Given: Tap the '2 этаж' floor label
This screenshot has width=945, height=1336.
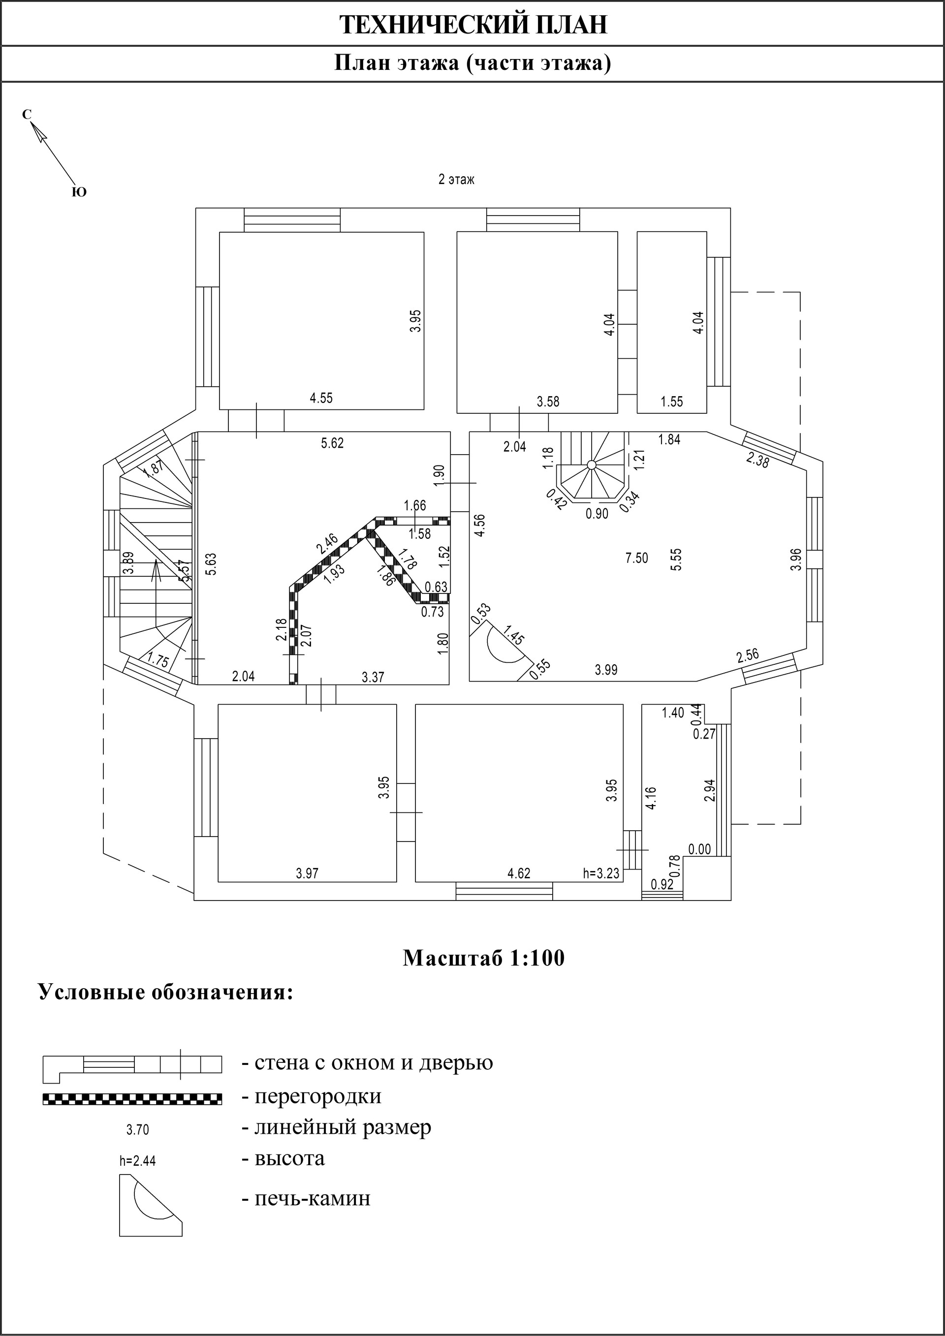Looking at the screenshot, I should click(456, 180).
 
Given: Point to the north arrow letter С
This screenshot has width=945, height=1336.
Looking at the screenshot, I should click(27, 115).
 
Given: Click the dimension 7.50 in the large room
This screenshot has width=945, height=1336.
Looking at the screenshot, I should click(636, 558).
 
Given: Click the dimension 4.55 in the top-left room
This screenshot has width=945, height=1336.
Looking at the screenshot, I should click(321, 398).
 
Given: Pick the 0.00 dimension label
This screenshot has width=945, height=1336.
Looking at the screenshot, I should click(699, 849).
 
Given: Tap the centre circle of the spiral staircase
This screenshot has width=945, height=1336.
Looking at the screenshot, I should click(591, 465).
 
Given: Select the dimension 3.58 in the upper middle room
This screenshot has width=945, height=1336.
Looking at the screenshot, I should click(548, 402).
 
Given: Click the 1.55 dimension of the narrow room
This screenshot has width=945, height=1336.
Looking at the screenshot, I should click(671, 402).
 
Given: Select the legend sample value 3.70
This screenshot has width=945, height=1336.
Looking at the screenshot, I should click(137, 1130).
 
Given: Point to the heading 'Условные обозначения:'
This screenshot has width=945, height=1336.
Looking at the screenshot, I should click(166, 993).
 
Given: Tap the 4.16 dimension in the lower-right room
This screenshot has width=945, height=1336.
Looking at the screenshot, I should click(651, 798).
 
